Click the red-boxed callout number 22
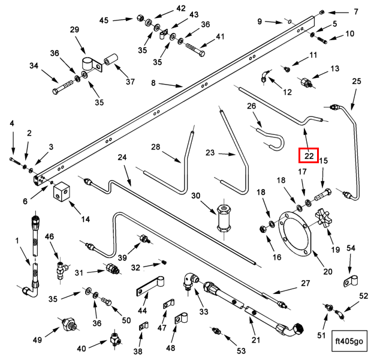point(309,155)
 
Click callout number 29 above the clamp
point(74,30)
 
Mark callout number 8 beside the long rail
point(153,67)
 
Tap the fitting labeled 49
point(68,328)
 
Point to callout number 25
point(357,80)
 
